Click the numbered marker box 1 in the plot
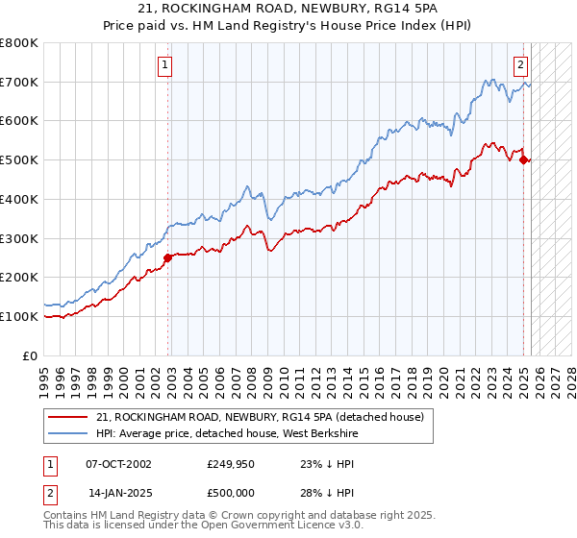coord(165,65)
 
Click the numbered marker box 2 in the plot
coord(520,65)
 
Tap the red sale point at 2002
coord(167,257)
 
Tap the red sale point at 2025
coord(524,160)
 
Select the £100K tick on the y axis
coord(19,316)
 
